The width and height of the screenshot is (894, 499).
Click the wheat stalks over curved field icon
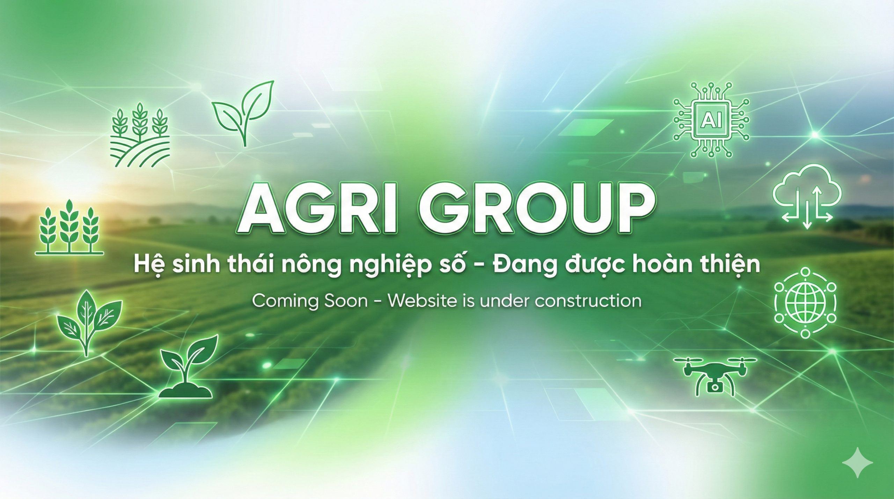click(x=140, y=135)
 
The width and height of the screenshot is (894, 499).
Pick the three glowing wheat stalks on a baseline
click(x=69, y=227)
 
